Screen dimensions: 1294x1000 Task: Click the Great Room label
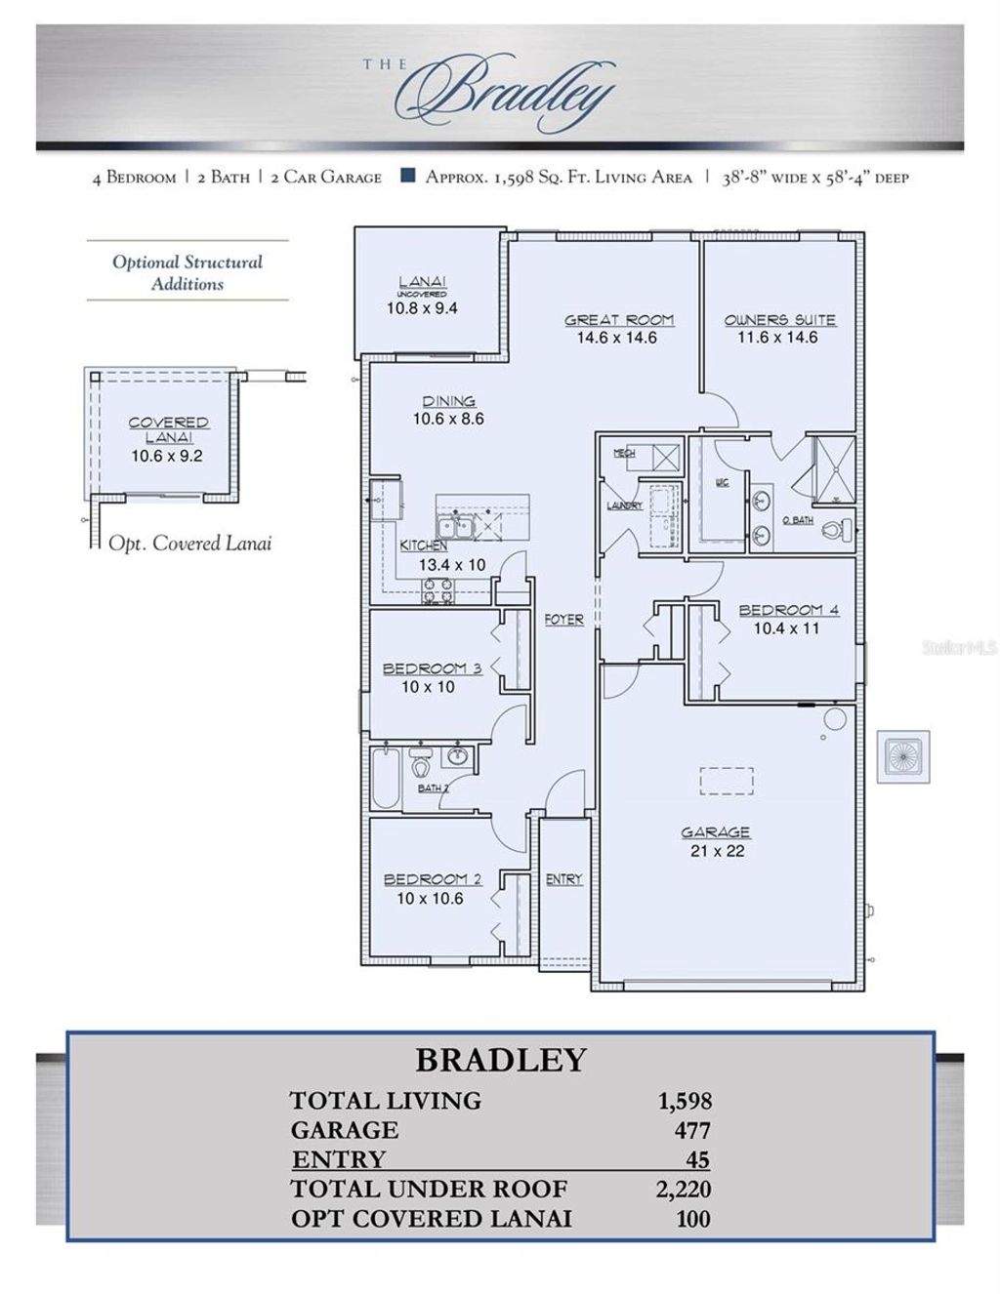pos(619,320)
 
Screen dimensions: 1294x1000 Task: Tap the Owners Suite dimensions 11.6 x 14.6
pos(778,338)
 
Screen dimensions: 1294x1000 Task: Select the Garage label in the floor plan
pos(716,832)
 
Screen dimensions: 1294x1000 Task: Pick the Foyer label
pos(563,620)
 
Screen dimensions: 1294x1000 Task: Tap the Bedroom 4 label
pos(787,611)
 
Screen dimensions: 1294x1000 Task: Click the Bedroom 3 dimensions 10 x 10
pos(428,687)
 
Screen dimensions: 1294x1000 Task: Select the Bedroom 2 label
pos(432,879)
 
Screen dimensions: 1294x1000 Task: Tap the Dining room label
pos(448,401)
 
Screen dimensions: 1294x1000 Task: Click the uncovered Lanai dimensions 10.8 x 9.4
pos(422,308)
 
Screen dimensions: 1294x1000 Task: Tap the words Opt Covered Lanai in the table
pos(431,1219)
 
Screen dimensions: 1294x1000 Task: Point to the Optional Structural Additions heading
pos(187,273)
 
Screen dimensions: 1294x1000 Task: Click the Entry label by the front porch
pos(563,879)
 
